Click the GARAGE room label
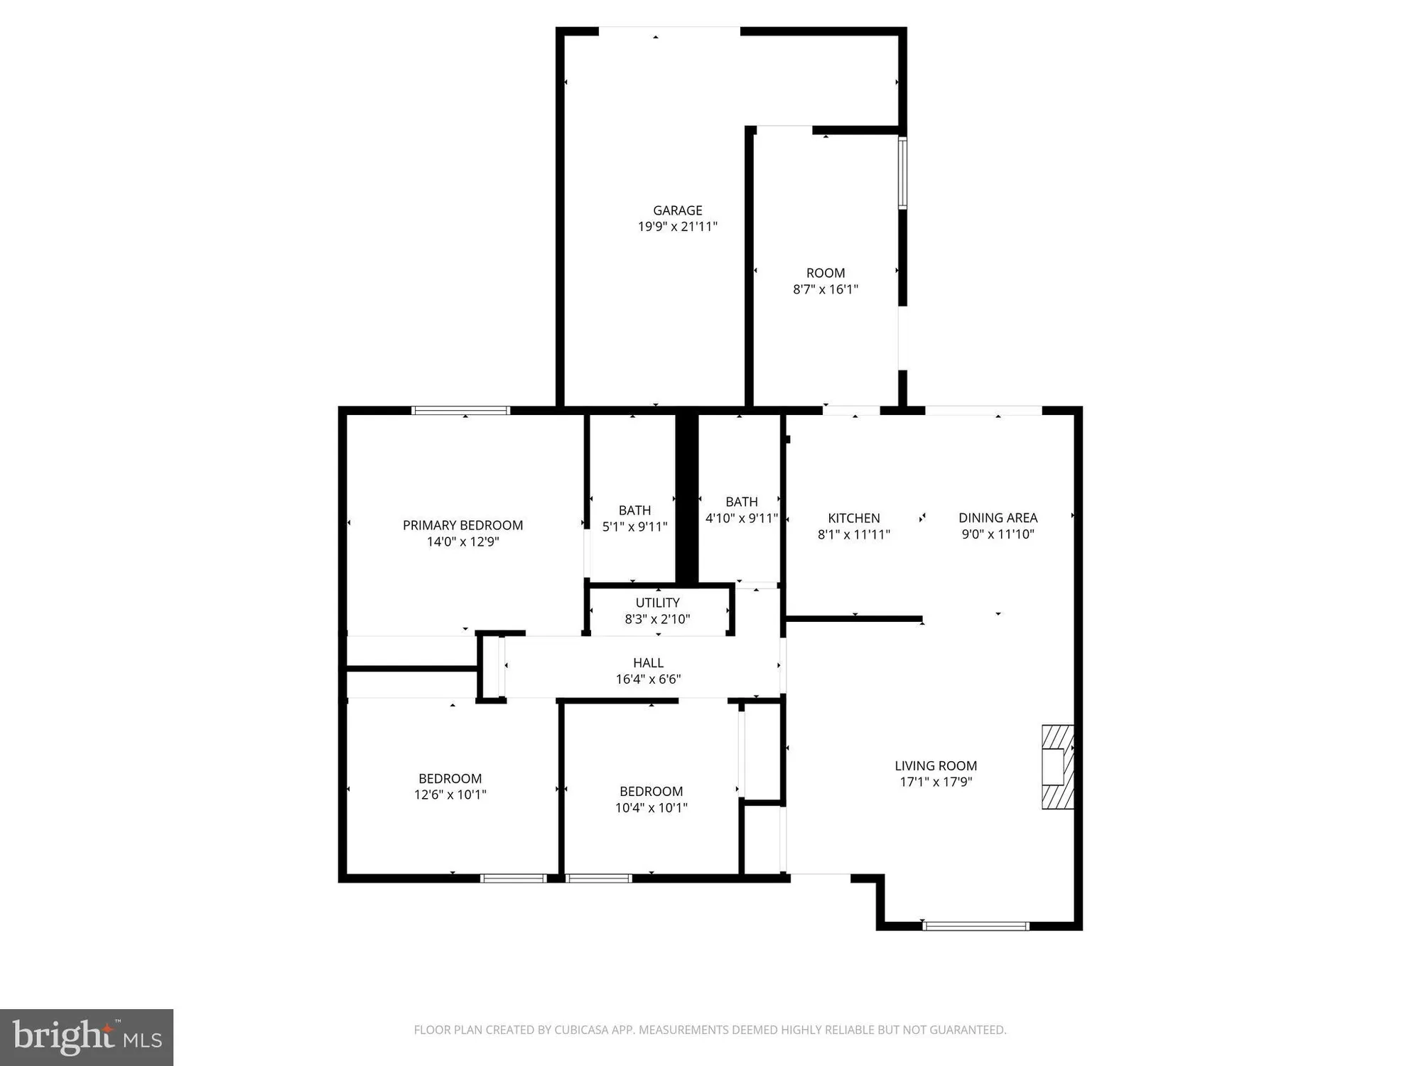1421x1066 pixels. (677, 210)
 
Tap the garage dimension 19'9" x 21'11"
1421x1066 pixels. (677, 227)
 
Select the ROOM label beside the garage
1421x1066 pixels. (825, 273)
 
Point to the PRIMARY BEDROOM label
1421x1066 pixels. (463, 525)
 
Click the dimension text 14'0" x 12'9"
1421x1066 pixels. (463, 542)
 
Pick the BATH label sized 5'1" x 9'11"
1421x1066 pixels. (634, 510)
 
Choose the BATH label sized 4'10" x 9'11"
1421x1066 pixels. (741, 502)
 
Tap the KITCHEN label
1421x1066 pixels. (853, 518)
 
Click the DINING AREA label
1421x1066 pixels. (998, 518)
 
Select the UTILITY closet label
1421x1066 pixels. (657, 603)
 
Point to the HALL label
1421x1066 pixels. (648, 662)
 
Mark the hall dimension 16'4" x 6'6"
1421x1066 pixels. (648, 679)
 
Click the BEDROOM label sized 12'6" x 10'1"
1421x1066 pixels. (450, 778)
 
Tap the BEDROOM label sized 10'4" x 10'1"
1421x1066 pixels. (651, 791)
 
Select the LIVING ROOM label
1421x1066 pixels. (935, 765)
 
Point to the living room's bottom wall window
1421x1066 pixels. (976, 925)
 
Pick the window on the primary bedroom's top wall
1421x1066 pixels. (461, 410)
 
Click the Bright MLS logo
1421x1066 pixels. (87, 1037)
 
